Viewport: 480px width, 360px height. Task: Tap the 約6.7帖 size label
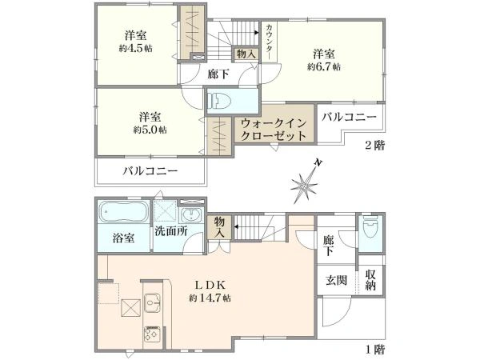coord(324,67)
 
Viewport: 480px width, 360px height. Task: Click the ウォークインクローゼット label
coord(273,130)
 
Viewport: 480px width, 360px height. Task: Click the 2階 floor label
coord(374,146)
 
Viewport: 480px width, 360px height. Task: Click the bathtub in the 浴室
coord(123,214)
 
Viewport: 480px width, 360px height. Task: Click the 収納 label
coord(370,281)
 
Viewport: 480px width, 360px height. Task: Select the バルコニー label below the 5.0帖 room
coord(150,172)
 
